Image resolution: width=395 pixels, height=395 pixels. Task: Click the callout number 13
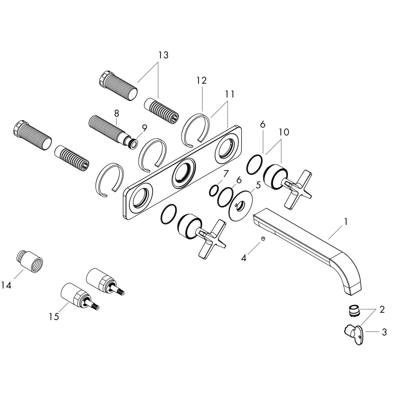click(163, 55)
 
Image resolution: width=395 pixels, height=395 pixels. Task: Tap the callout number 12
click(201, 80)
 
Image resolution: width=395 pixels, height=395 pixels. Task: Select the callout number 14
click(6, 285)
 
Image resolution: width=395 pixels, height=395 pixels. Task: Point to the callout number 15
click(54, 316)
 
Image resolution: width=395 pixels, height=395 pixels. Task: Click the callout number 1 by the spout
click(346, 222)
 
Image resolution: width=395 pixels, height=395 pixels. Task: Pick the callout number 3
click(384, 332)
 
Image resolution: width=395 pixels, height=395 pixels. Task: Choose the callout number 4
click(244, 258)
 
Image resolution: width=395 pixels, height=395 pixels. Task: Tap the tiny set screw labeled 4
click(263, 239)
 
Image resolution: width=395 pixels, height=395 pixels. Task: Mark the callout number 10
click(283, 132)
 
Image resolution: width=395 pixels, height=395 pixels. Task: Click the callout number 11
click(230, 94)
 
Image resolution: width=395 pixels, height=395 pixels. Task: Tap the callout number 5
click(258, 185)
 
